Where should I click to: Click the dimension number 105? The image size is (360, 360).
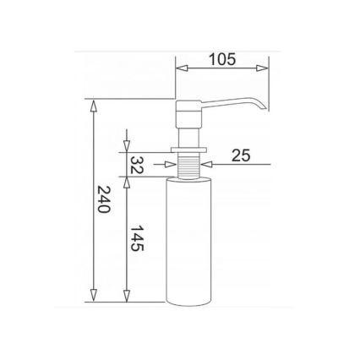222,59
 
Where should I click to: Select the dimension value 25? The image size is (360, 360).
240,155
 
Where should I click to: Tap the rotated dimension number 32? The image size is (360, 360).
136,165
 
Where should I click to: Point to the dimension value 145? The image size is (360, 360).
136,238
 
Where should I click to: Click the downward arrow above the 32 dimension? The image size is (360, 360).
127,145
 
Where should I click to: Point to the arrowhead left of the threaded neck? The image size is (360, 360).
173,163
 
